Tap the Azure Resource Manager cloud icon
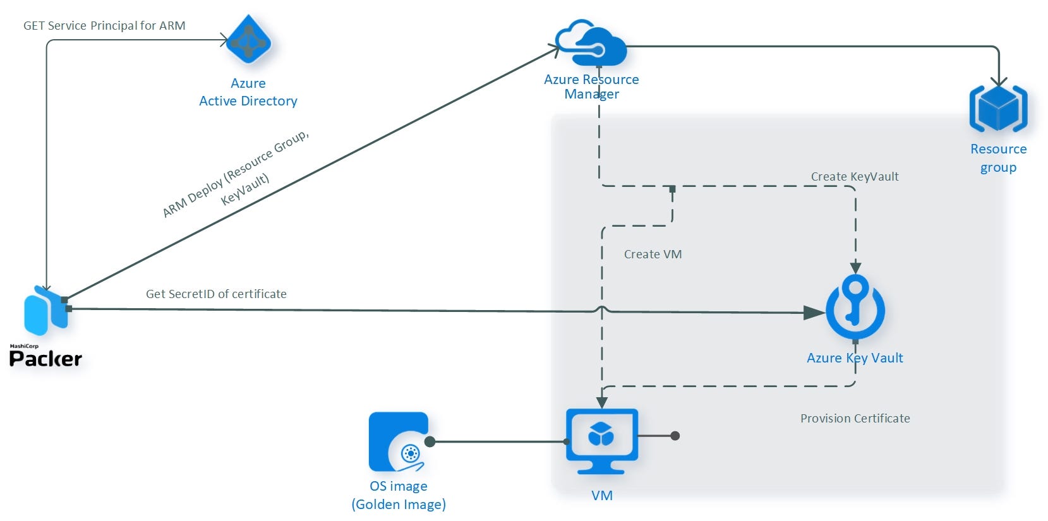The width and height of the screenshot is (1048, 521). pyautogui.click(x=591, y=44)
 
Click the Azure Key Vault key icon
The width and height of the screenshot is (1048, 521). pyautogui.click(x=855, y=307)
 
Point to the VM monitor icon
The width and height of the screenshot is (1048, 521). pyautogui.click(x=601, y=440)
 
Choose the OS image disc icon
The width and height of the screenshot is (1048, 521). pyautogui.click(x=399, y=442)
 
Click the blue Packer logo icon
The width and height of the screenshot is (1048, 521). pyautogui.click(x=45, y=311)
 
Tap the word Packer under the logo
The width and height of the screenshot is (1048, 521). pyautogui.click(x=45, y=359)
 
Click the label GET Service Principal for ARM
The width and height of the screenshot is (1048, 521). pyautogui.click(x=104, y=26)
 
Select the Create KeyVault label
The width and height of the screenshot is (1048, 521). pyautogui.click(x=854, y=177)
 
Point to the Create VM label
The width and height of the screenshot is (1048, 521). pyautogui.click(x=653, y=255)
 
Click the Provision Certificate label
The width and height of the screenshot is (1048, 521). pyautogui.click(x=855, y=419)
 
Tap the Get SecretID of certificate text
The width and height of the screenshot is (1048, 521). pyautogui.click(x=216, y=294)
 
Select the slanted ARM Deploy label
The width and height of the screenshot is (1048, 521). pyautogui.click(x=237, y=174)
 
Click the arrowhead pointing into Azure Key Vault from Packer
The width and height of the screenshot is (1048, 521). pyautogui.click(x=814, y=313)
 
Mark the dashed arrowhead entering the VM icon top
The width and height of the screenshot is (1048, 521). pyautogui.click(x=602, y=402)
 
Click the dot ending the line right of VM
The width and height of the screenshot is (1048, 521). pyautogui.click(x=675, y=436)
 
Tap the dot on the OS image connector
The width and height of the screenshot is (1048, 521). pyautogui.click(x=430, y=441)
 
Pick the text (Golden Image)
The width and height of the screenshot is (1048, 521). pyautogui.click(x=399, y=505)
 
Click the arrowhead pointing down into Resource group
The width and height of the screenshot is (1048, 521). pyautogui.click(x=999, y=81)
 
